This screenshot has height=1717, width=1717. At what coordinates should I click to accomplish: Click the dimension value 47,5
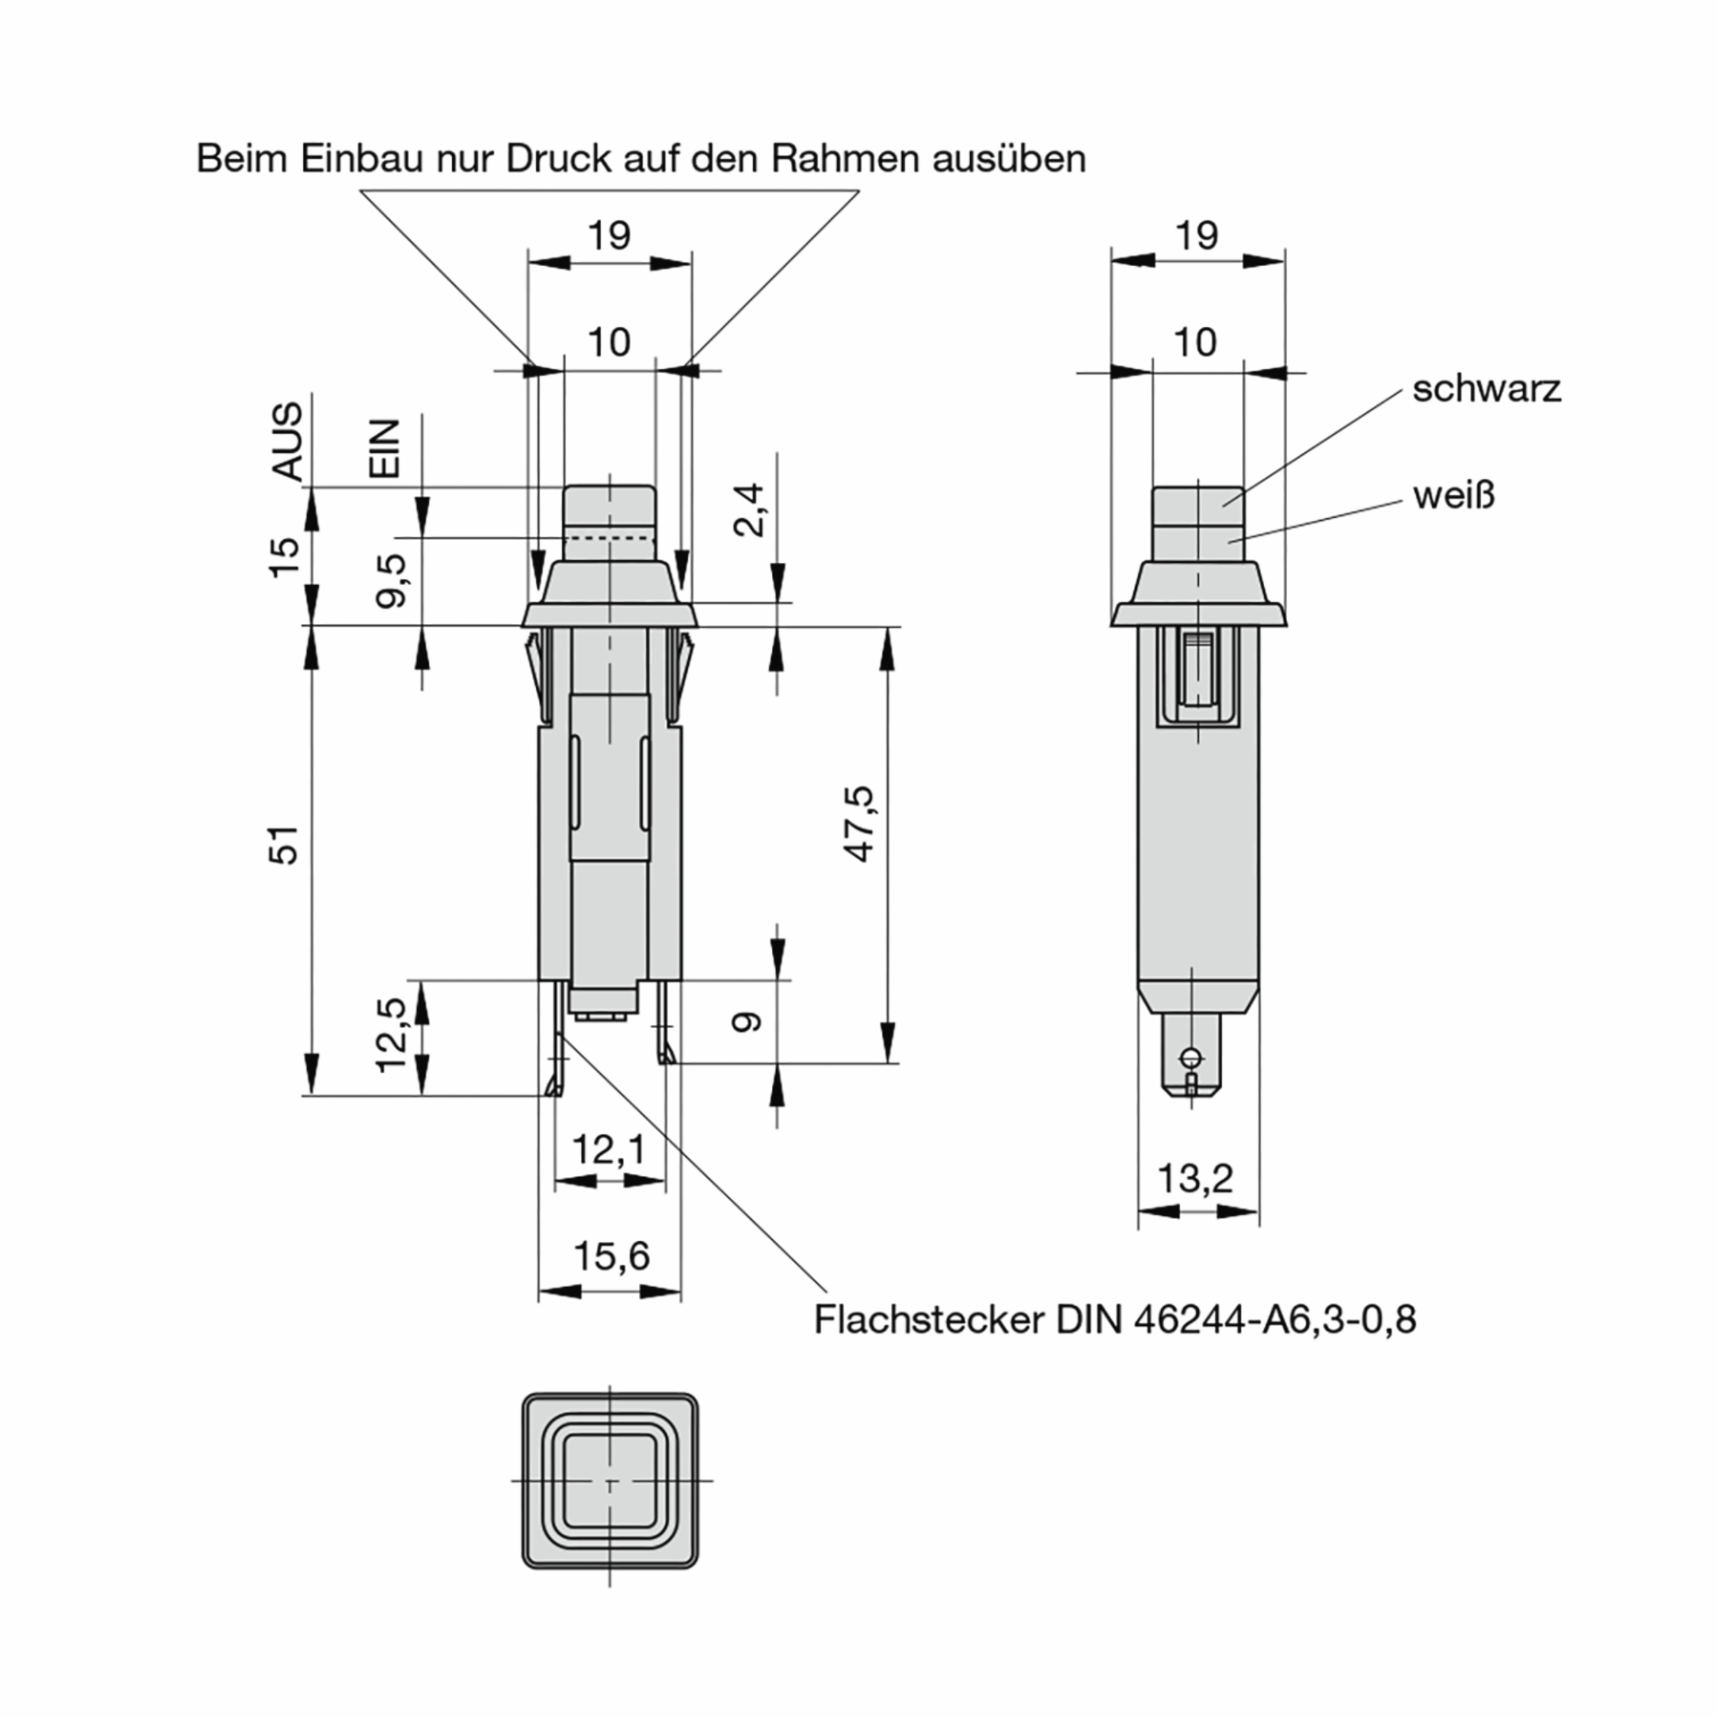click(859, 824)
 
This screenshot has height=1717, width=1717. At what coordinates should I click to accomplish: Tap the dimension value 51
click(285, 844)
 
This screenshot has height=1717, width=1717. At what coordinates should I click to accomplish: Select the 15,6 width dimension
click(610, 1256)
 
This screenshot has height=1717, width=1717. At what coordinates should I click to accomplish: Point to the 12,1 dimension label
click(608, 1150)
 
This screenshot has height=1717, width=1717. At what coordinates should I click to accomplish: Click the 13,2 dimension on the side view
click(1195, 1178)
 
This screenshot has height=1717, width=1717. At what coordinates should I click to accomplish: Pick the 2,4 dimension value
click(749, 509)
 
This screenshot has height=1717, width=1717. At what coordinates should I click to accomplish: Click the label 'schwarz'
click(1486, 389)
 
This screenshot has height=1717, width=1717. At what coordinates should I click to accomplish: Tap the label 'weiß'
click(1454, 496)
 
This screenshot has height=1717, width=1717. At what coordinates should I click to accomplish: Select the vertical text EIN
click(386, 449)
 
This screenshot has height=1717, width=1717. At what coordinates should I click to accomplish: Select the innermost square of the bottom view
click(610, 1479)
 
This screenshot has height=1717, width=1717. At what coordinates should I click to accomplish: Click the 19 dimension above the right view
click(1196, 236)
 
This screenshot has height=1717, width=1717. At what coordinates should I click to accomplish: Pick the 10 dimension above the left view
click(609, 342)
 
